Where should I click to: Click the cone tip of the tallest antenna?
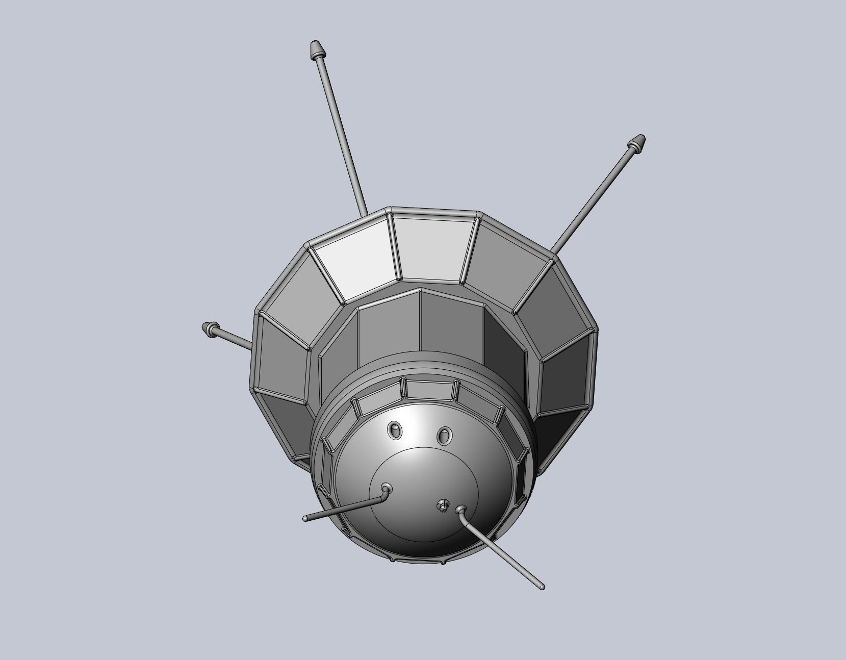pos(316,50)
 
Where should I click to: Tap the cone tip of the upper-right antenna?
pos(637,142)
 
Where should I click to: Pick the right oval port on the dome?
pos(444,435)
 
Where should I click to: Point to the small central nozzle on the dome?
pos(442,506)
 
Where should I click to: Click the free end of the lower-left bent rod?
pos(305,519)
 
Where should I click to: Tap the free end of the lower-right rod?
pos(541,587)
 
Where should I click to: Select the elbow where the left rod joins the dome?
pos(386,491)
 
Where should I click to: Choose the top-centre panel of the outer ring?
pos(432,249)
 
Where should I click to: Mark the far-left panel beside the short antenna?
pos(281,357)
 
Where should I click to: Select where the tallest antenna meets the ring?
pos(363,215)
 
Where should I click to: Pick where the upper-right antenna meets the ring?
pos(553,253)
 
